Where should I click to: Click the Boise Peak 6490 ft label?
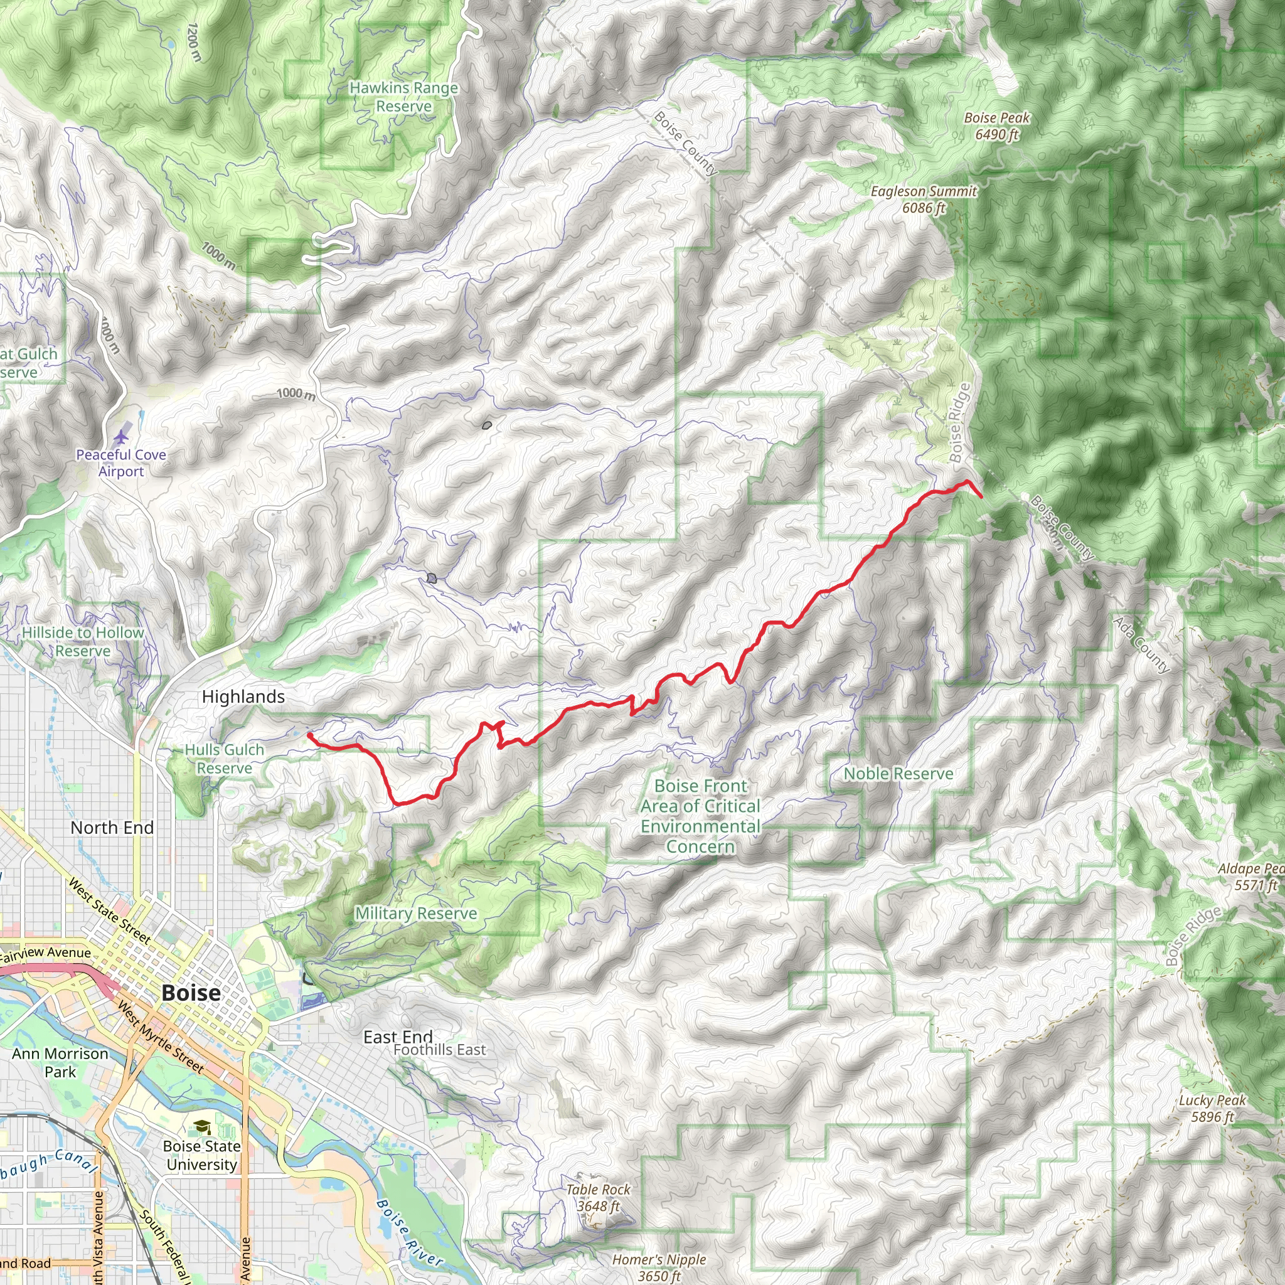[996, 125]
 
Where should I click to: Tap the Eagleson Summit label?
[923, 199]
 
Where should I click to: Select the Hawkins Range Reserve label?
[403, 97]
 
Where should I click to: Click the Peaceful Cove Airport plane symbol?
[121, 437]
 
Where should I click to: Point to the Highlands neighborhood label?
[243, 696]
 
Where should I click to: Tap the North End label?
[112, 828]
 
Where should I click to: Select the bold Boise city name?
[191, 993]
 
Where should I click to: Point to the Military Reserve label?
[416, 913]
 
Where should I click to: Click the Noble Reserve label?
[898, 774]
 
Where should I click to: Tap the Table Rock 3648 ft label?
[598, 1197]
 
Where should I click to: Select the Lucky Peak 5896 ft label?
[1212, 1108]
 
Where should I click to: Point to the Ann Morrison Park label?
[60, 1062]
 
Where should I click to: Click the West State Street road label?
[110, 910]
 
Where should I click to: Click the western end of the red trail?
[309, 734]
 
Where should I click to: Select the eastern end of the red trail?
[982, 496]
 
